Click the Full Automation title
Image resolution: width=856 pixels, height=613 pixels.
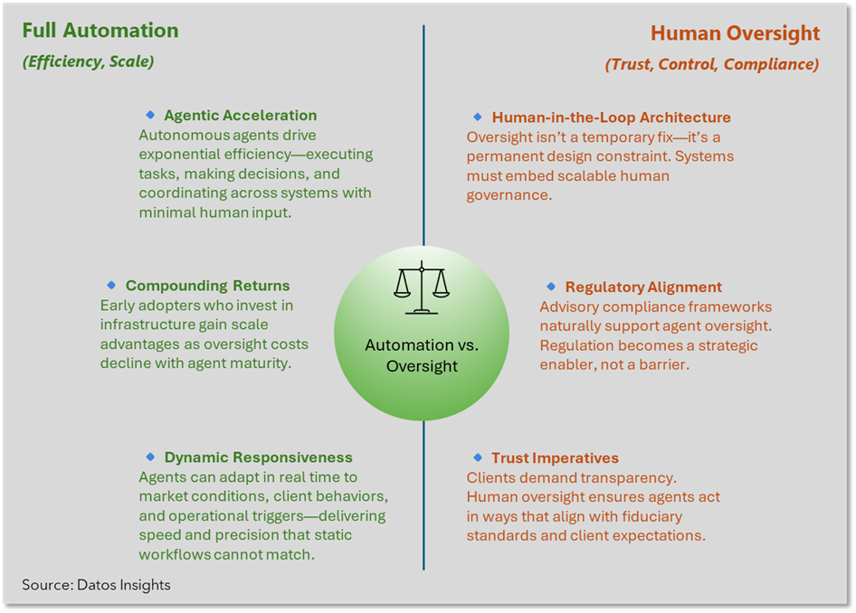[100, 30]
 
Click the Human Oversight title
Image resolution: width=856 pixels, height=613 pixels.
[735, 34]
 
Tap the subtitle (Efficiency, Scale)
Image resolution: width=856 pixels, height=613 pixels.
[88, 62]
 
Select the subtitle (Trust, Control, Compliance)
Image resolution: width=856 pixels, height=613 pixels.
[712, 64]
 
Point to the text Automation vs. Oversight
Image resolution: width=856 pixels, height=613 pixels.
[423, 355]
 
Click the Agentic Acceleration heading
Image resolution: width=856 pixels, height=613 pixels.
[240, 116]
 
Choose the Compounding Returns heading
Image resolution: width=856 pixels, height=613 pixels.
[207, 286]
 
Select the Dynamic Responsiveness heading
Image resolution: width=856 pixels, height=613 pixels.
[258, 457]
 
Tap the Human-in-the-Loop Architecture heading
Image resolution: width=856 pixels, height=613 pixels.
[611, 118]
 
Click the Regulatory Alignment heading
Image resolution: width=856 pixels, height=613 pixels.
[643, 288]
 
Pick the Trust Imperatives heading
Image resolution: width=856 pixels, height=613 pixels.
[555, 458]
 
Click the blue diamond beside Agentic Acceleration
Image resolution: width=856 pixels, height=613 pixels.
[150, 115]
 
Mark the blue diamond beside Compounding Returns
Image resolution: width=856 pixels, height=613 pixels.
[112, 285]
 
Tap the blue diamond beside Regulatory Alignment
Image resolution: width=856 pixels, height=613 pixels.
[551, 287]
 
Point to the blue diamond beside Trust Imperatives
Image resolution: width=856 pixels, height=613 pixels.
[478, 457]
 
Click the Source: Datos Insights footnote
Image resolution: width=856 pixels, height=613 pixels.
[96, 585]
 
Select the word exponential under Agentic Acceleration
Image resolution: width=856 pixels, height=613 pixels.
[176, 155]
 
